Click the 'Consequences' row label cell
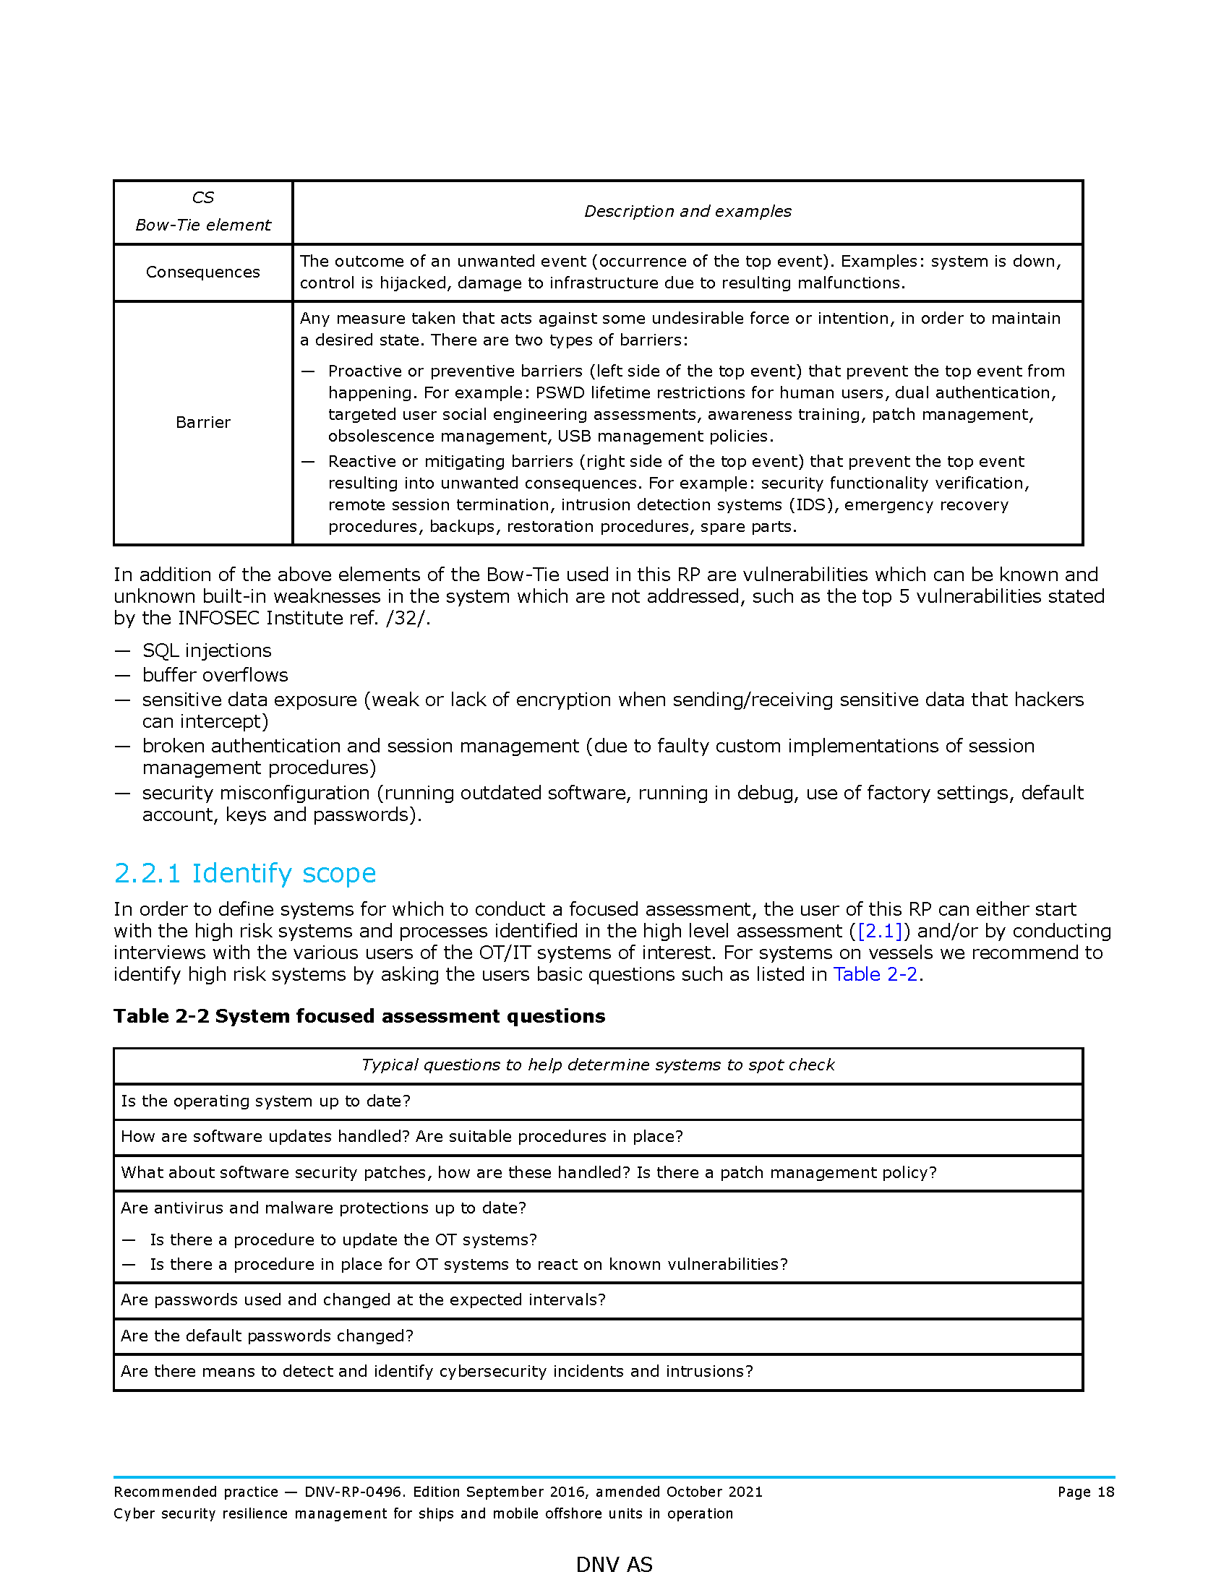[x=202, y=272]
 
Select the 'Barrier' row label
[x=202, y=423]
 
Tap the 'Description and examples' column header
[x=688, y=212]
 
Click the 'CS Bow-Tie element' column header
[x=202, y=212]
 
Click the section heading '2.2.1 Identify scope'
[x=244, y=873]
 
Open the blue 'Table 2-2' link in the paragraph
[x=875, y=975]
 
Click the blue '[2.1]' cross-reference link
[x=880, y=931]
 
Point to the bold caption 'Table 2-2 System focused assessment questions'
[x=359, y=1016]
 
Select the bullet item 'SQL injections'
[x=207, y=651]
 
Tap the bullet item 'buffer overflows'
[x=215, y=676]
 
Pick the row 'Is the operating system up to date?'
[x=266, y=1101]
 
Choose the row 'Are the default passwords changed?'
[x=267, y=1336]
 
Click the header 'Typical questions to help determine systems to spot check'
[x=598, y=1065]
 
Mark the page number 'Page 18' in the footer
[x=1086, y=1492]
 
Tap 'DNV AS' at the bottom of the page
[x=614, y=1565]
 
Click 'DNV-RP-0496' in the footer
[x=353, y=1492]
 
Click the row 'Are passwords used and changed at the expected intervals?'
[x=364, y=1300]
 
